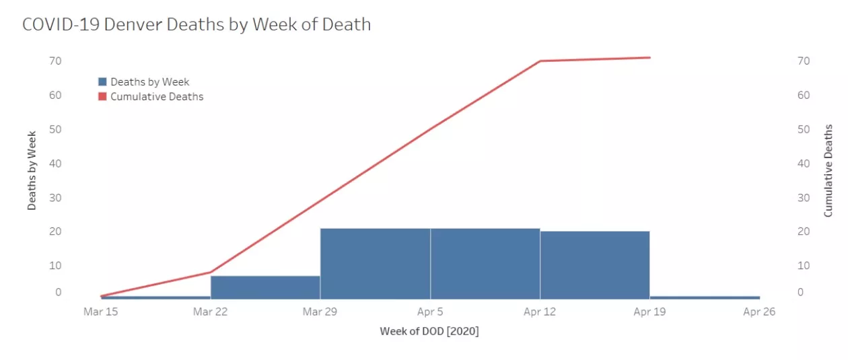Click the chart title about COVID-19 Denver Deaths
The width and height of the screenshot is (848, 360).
click(x=197, y=25)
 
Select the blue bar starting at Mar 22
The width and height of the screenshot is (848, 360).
click(x=265, y=287)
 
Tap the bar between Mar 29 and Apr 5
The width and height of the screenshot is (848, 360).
click(x=375, y=264)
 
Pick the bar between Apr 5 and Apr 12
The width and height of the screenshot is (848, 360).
click(x=485, y=264)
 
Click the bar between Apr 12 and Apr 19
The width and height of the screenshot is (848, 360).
click(x=594, y=265)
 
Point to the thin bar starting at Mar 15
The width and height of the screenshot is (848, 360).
click(x=155, y=297)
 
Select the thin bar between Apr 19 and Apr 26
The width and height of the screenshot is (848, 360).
click(x=705, y=297)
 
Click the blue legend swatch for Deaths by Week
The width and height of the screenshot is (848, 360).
click(x=102, y=81)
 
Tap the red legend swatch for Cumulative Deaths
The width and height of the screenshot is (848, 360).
click(x=102, y=96)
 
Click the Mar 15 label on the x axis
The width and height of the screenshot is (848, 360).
click(x=100, y=312)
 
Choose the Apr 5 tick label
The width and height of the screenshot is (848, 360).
click(x=430, y=312)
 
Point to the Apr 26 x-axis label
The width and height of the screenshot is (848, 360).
click(x=759, y=312)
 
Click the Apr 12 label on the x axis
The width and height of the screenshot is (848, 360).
click(x=540, y=312)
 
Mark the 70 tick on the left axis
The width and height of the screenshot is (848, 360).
click(x=55, y=61)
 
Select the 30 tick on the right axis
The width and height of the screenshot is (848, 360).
click(x=803, y=197)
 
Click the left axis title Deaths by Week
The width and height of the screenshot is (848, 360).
click(x=32, y=170)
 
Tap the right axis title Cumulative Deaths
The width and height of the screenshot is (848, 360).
click(x=828, y=170)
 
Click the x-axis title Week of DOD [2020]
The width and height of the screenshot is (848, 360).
click(x=429, y=331)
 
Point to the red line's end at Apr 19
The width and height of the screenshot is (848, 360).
click(x=649, y=58)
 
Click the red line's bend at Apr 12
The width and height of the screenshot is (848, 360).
click(x=540, y=61)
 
